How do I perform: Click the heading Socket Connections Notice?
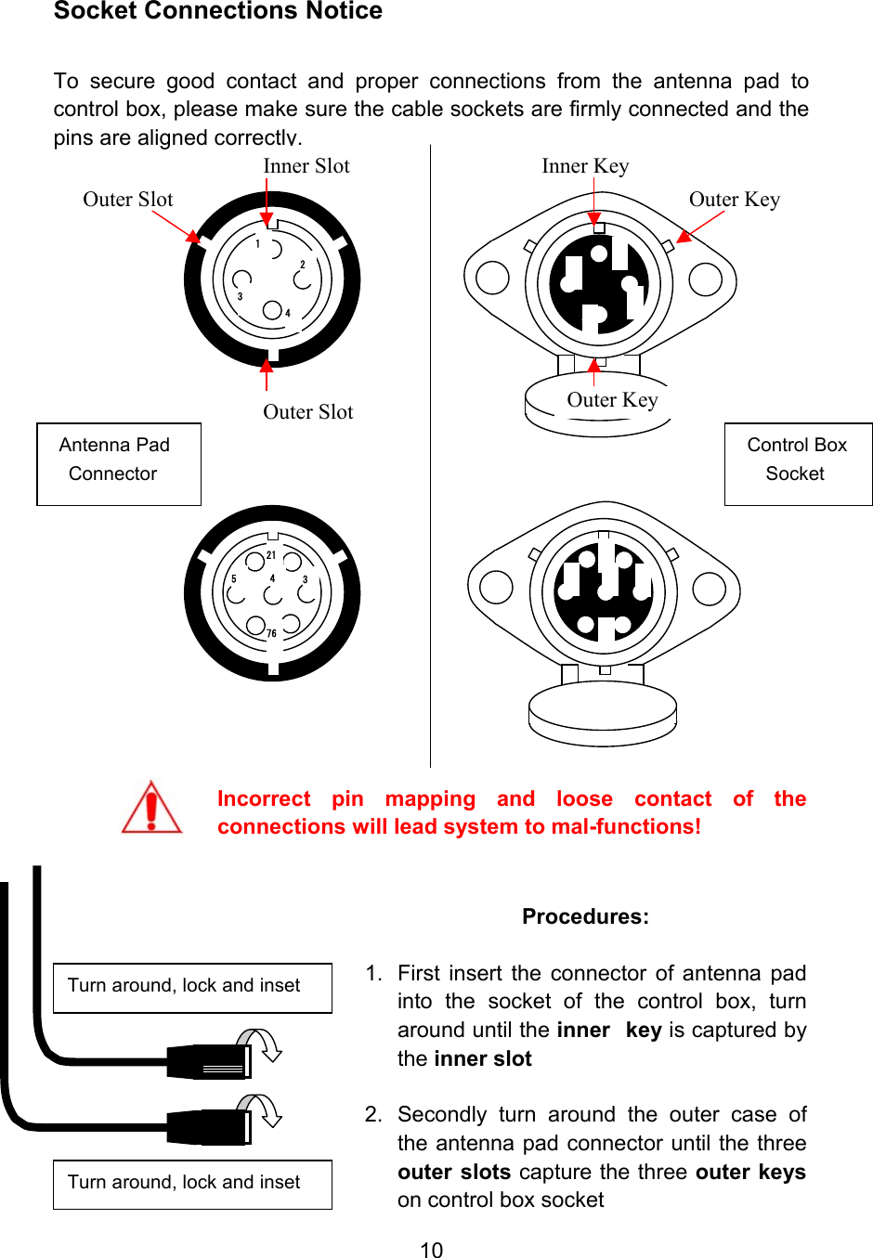218,11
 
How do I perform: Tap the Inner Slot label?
306,166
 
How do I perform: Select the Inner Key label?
585,166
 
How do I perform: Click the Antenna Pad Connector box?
119,464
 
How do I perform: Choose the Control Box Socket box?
798,464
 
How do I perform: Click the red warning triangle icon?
151,808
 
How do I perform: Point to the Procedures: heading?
585,916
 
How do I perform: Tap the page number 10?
432,1250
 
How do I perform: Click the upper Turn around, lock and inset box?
192,988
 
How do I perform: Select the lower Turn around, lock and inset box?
192,1185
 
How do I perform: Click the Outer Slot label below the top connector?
308,412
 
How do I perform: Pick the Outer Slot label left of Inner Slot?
128,200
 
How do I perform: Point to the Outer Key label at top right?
735,200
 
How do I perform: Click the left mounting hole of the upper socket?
492,278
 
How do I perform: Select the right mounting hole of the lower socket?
710,588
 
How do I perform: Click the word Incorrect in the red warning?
264,799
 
